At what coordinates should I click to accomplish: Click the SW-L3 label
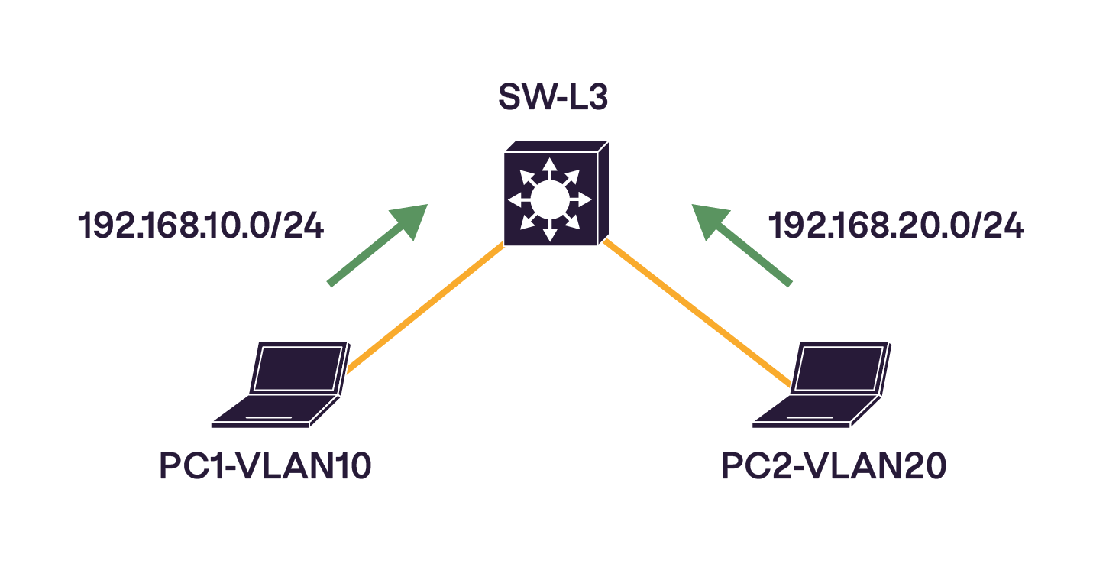tap(552, 98)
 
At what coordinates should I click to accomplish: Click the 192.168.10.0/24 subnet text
tap(202, 227)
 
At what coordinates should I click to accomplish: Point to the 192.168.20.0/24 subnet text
tap(896, 227)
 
